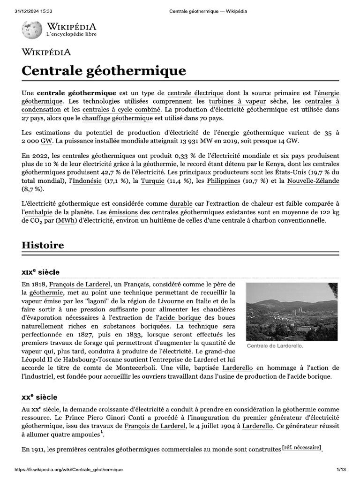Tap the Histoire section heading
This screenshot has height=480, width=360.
[x=43, y=245]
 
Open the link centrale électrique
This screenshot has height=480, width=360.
[x=195, y=93]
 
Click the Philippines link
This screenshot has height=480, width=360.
[x=224, y=180]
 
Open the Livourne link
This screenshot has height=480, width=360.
[x=170, y=301]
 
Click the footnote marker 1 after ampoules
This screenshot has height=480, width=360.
[x=101, y=432]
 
